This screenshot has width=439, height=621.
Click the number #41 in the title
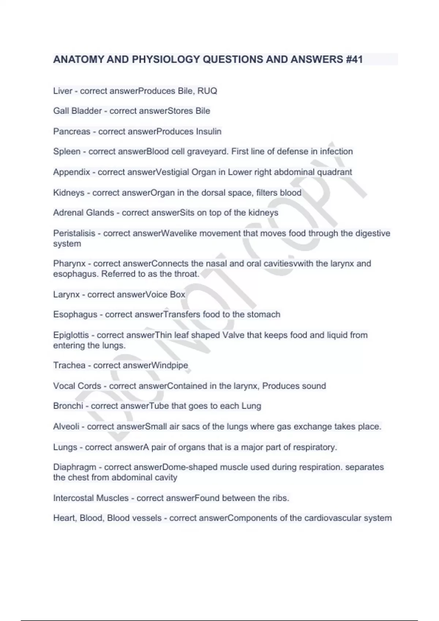pyautogui.click(x=353, y=59)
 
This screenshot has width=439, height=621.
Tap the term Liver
pyautogui.click(x=63, y=91)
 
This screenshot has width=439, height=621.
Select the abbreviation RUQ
pyautogui.click(x=207, y=91)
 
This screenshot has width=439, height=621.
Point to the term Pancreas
pyautogui.click(x=71, y=132)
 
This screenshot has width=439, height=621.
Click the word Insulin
pyautogui.click(x=209, y=132)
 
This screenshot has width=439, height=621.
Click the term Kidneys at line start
pyautogui.click(x=69, y=193)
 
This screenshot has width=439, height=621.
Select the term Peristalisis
pyautogui.click(x=74, y=233)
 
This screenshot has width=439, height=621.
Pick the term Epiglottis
pyautogui.click(x=71, y=335)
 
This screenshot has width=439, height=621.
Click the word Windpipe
pyautogui.click(x=170, y=365)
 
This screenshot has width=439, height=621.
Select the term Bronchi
pyautogui.click(x=68, y=406)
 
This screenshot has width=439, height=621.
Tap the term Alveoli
pyautogui.click(x=66, y=426)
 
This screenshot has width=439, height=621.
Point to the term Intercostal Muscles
pyautogui.click(x=91, y=498)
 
